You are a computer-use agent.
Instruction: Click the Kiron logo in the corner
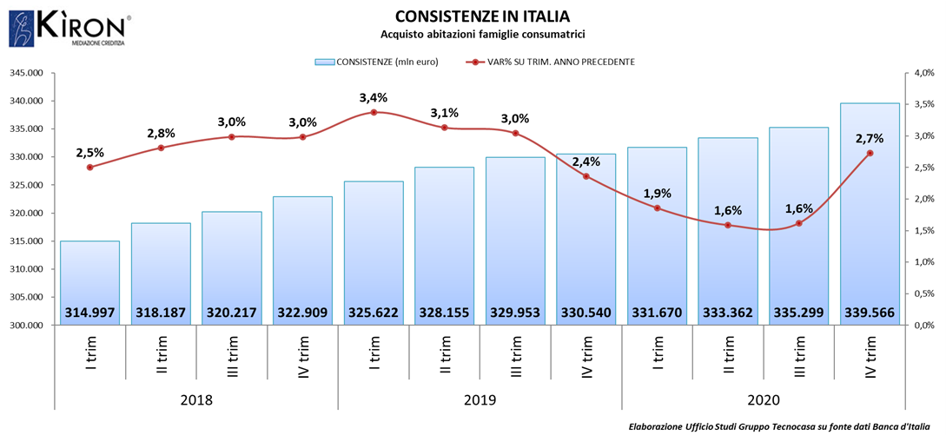69,28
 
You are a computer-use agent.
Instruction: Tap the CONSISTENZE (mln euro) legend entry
376,62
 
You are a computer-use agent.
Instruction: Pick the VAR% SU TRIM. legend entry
552,62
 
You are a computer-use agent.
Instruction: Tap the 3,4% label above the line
374,96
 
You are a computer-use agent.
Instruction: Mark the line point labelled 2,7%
870,154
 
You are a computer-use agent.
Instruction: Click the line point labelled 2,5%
89,167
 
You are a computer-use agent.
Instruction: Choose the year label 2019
480,400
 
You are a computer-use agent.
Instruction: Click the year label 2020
763,400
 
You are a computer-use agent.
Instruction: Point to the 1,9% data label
657,193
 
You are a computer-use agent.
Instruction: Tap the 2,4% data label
586,161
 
